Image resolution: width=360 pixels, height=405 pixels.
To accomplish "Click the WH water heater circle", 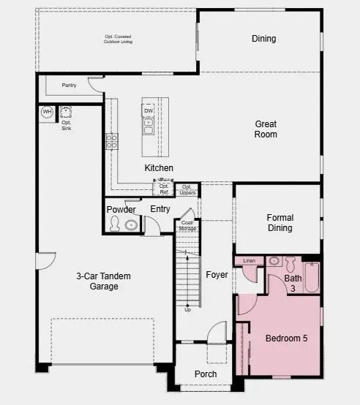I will pyautogui.click(x=47, y=112).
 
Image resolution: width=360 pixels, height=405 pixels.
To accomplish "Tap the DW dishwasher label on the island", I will pyautogui.click(x=148, y=111).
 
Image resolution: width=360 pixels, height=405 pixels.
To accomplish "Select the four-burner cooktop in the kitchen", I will pyautogui.click(x=112, y=141).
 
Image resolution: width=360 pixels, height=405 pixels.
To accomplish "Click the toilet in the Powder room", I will pyautogui.click(x=115, y=224).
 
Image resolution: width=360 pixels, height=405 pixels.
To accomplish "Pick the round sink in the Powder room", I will pyautogui.click(x=130, y=224).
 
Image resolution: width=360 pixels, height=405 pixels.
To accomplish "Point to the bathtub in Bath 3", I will pyautogui.click(x=312, y=277).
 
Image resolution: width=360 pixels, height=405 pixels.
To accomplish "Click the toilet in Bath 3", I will pyautogui.click(x=290, y=263).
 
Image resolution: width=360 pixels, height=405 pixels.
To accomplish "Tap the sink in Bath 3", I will pyautogui.click(x=274, y=260).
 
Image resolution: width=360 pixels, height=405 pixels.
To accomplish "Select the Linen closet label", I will pyautogui.click(x=249, y=260).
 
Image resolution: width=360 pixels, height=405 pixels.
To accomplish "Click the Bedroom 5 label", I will pyautogui.click(x=285, y=339).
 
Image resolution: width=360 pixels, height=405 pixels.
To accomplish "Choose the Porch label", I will pyautogui.click(x=206, y=374).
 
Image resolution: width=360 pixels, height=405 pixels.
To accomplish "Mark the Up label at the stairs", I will pyautogui.click(x=188, y=309).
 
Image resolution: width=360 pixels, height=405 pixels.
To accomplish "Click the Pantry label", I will pyautogui.click(x=69, y=86).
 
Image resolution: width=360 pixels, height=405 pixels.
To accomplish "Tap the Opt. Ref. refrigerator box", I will pyautogui.click(x=163, y=189).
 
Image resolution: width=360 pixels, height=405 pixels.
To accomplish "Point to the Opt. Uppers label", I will pyautogui.click(x=187, y=189).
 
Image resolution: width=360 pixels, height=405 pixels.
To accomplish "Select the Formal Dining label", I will pyautogui.click(x=280, y=222).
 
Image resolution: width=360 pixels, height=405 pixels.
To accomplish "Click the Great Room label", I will pyautogui.click(x=266, y=129).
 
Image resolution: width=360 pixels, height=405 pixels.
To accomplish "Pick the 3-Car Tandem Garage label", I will pyautogui.click(x=97, y=281).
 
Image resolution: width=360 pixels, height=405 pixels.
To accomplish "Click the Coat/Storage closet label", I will pyautogui.click(x=187, y=225).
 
